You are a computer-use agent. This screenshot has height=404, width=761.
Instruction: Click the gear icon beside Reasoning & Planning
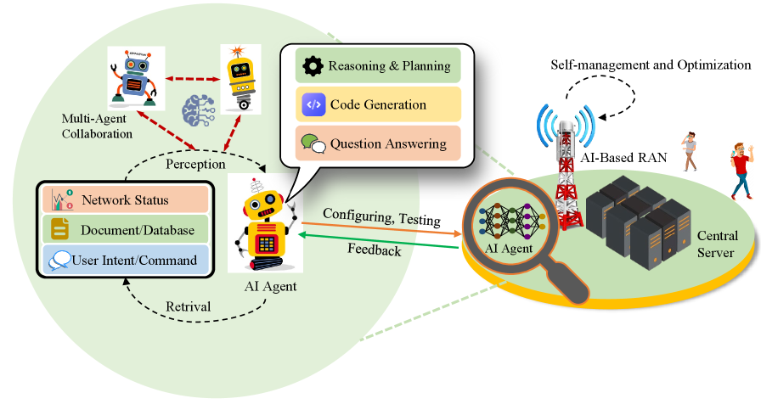pyautogui.click(x=313, y=65)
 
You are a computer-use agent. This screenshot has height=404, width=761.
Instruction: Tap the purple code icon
pyautogui.click(x=313, y=104)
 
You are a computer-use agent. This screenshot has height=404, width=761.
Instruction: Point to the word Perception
pyautogui.click(x=194, y=162)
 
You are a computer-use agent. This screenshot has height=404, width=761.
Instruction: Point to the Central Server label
pyautogui.click(x=717, y=244)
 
